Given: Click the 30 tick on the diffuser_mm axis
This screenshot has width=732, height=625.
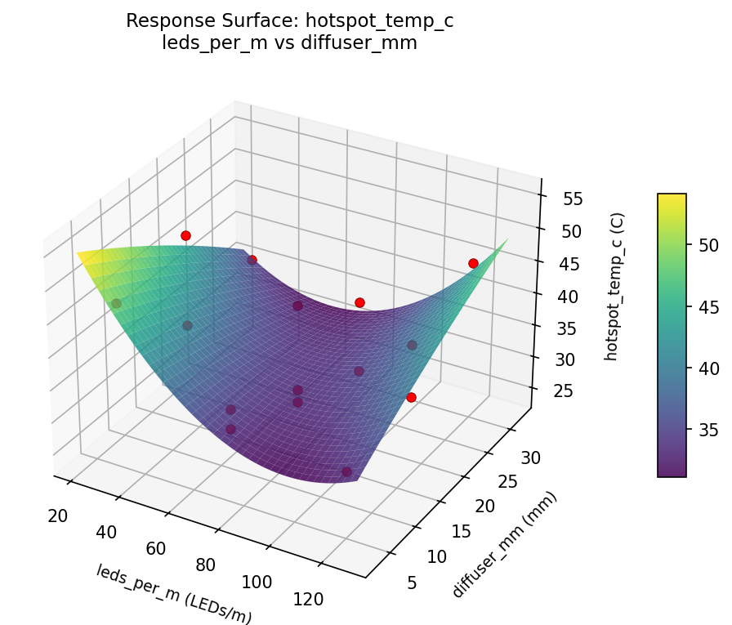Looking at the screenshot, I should click(x=530, y=458).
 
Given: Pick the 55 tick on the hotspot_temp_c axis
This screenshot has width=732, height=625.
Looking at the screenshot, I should click(x=573, y=199).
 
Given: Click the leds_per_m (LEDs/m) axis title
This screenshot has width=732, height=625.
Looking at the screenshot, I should click(x=174, y=594).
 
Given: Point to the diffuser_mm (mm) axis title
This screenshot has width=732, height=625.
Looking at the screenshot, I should click(x=504, y=545).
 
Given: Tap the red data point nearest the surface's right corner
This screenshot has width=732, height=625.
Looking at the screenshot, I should click(x=473, y=263).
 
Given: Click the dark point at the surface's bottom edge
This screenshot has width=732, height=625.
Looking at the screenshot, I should click(x=347, y=471).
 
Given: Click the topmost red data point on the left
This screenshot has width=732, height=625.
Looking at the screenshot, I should click(x=185, y=235).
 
